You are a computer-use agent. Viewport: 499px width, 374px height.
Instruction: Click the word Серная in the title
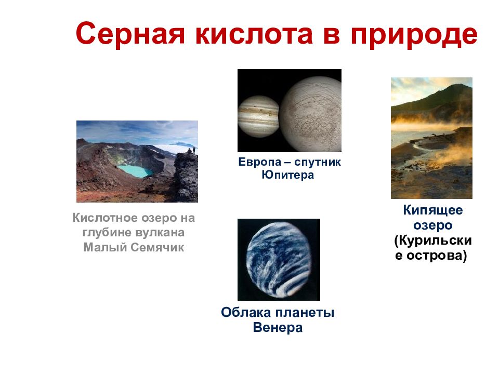coord(130,34)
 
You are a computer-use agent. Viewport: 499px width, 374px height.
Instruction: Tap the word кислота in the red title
coord(254,34)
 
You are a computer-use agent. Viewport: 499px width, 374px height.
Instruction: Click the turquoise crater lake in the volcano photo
coord(135,171)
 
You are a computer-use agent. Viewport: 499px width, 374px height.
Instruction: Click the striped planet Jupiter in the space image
coord(258,116)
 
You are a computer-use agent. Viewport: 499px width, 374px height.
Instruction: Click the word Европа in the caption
coord(260,162)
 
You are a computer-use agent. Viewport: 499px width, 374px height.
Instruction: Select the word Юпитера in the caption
coord(287,175)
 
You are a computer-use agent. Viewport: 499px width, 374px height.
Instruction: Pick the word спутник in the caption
coord(318,163)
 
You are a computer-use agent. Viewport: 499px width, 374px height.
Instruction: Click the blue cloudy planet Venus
coord(279,260)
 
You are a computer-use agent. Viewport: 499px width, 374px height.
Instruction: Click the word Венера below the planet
coord(278,328)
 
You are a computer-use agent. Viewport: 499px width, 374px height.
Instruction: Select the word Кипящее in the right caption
coord(433,210)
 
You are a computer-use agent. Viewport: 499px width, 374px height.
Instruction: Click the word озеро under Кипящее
coord(433,225)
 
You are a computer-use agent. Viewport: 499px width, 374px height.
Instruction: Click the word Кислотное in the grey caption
coord(106,218)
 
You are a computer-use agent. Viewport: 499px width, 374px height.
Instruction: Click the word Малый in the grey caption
coord(106,247)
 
